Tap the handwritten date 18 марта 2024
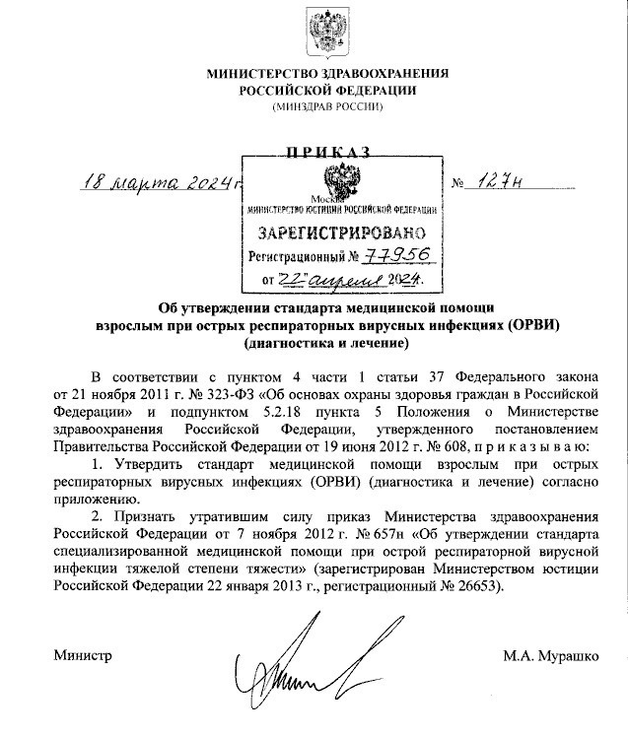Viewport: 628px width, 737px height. pos(163,182)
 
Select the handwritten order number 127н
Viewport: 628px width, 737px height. pos(507,182)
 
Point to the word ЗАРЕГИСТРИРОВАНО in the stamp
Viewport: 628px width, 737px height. pos(341,234)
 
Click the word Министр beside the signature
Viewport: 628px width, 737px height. pos(83,655)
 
